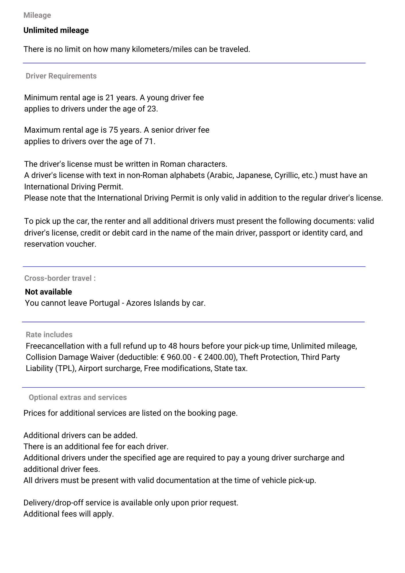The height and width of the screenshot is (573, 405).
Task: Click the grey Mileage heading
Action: pos(37,15)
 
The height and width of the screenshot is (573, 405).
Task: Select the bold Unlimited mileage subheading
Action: pos(56,30)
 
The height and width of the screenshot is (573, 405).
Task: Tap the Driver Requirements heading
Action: pos(61,76)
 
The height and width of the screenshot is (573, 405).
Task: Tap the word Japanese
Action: pos(254,175)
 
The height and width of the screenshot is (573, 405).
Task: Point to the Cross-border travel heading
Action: pos(60,278)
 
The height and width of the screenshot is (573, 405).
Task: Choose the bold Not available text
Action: pos(48,292)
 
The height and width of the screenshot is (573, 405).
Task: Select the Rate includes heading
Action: pos(49,335)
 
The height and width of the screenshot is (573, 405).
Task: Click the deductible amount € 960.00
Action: pos(176,357)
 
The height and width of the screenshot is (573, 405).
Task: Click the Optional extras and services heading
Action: pos(78,397)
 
